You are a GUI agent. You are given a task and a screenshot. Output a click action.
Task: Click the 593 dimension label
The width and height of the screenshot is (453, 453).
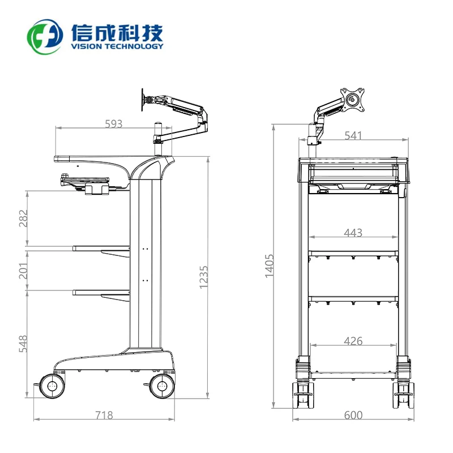click(114, 124)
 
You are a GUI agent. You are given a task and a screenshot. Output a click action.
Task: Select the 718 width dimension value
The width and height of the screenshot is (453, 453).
click(104, 415)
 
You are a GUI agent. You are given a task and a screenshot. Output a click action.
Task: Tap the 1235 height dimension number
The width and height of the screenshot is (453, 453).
click(204, 277)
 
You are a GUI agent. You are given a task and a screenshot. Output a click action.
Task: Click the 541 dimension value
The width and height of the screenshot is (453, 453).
click(353, 135)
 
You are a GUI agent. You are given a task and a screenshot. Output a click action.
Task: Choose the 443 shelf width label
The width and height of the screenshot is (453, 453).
click(353, 232)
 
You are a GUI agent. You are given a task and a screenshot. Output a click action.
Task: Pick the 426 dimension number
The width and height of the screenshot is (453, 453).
click(353, 341)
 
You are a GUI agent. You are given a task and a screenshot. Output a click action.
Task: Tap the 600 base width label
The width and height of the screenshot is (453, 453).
click(353, 415)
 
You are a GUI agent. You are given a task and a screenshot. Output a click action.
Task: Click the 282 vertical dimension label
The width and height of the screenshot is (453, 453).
click(23, 218)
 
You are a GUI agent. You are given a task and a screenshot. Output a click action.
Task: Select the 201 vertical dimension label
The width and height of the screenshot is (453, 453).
click(23, 269)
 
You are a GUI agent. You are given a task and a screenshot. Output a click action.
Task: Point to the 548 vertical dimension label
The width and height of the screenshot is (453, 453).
click(23, 344)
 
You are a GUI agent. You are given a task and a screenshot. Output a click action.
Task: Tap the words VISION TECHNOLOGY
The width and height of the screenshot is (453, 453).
click(117, 46)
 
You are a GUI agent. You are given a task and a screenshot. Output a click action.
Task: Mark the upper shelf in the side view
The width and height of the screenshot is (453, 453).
click(101, 247)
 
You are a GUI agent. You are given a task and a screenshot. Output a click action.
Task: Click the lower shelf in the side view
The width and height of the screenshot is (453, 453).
click(101, 292)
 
